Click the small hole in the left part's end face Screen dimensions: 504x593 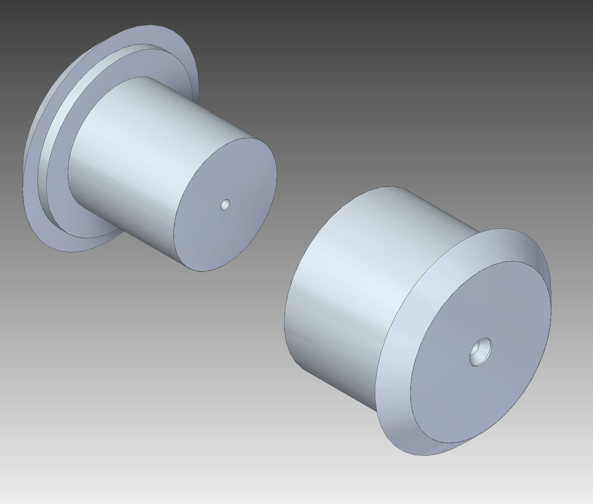pyautogui.click(x=225, y=204)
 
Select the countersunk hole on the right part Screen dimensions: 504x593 pyautogui.click(x=480, y=352)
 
